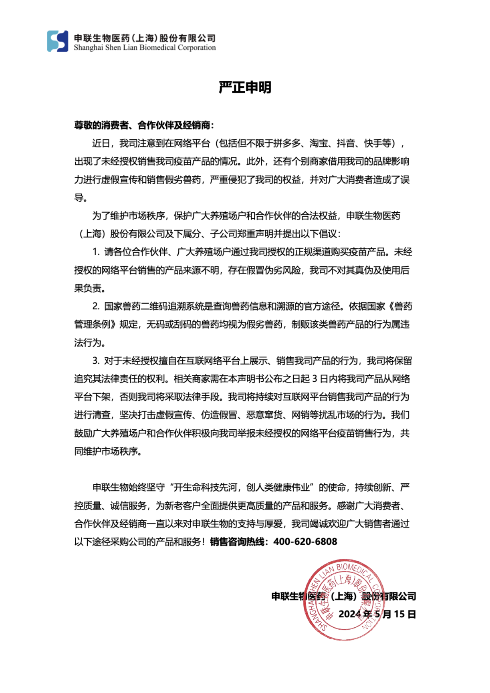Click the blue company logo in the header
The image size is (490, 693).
coord(57,41)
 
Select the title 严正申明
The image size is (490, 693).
coord(245,87)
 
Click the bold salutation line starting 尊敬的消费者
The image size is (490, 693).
coord(144,125)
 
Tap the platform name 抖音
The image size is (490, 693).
coord(346,143)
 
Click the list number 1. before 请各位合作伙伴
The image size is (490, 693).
coord(96,252)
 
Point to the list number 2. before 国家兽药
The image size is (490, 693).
coord(96,306)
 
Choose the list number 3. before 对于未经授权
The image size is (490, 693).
coord(96,361)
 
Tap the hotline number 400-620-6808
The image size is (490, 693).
coord(305,542)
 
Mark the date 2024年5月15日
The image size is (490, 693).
coord(377,614)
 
